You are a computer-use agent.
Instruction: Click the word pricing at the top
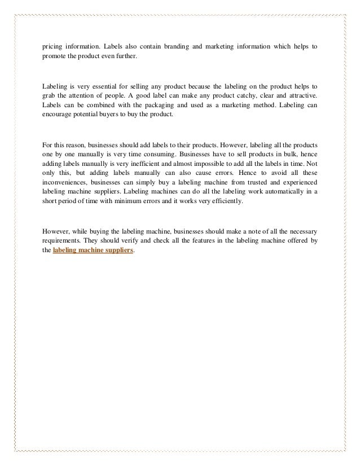click(52, 45)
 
